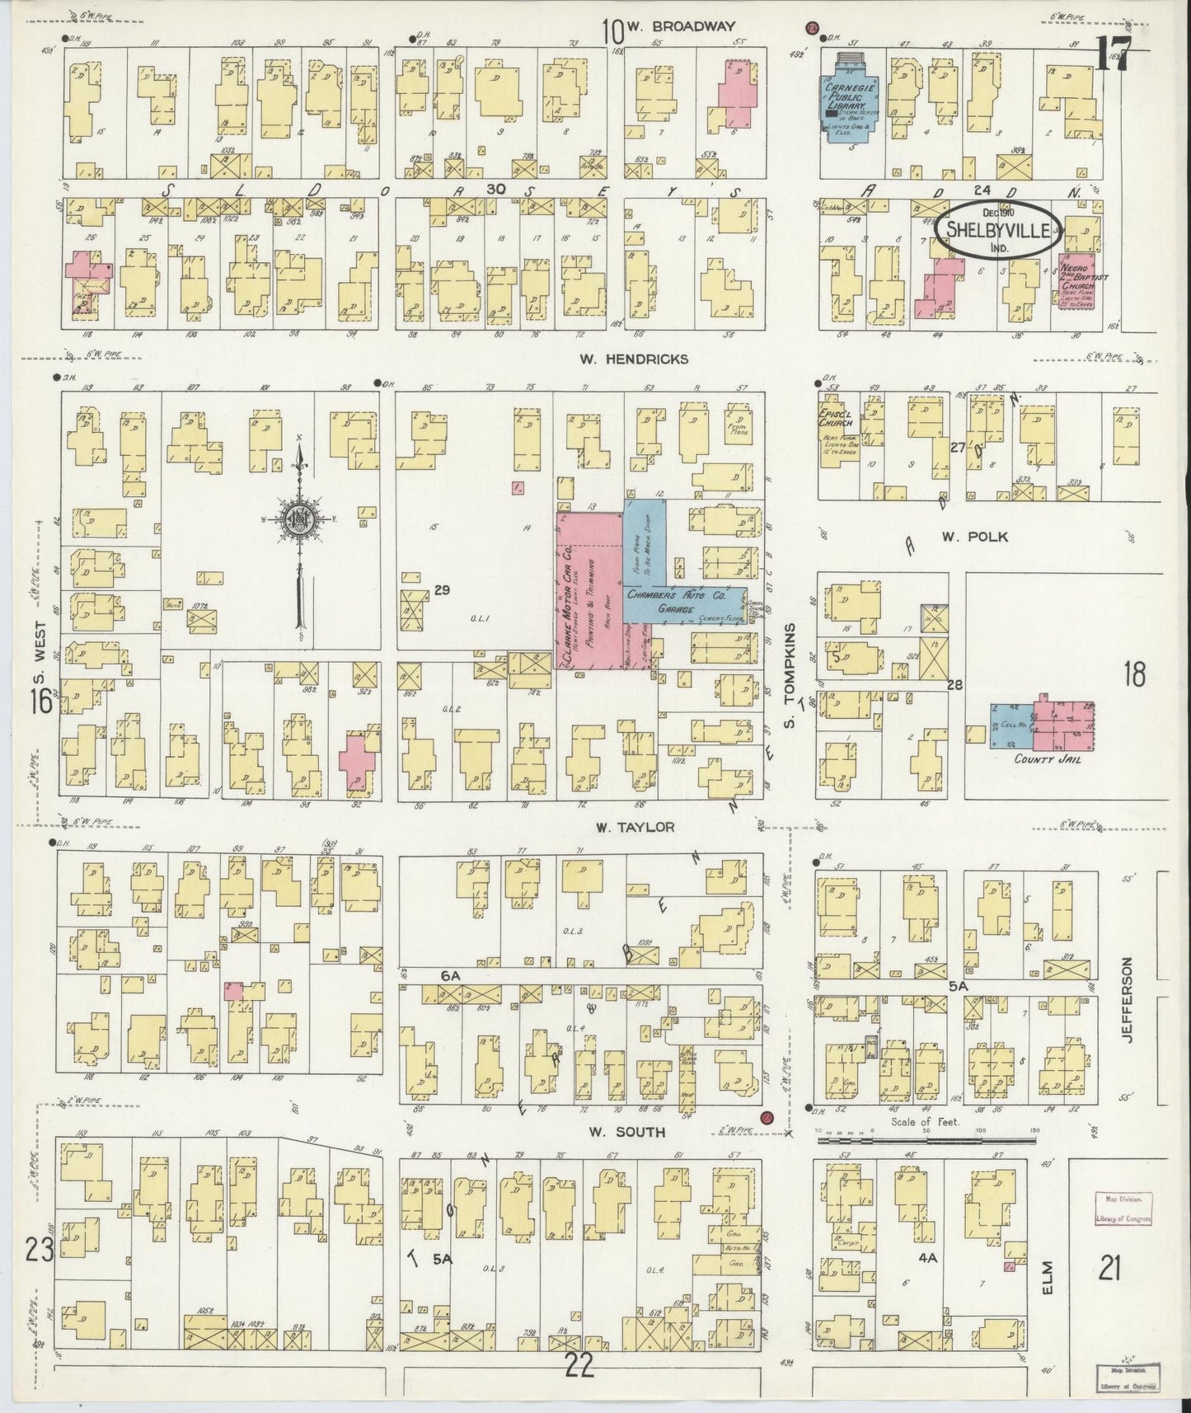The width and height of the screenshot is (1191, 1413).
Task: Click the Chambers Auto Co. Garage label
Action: pos(675,599)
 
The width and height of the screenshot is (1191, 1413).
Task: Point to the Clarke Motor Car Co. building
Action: pos(588,589)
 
